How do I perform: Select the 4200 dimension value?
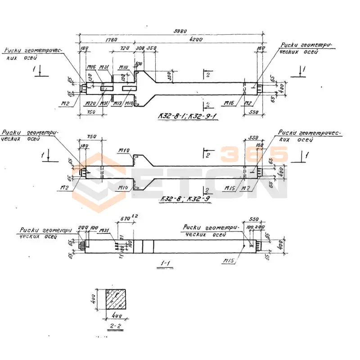pyautogui.click(x=196, y=40)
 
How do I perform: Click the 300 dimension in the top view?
pyautogui.click(x=139, y=47)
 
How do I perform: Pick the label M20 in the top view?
pyautogui.click(x=90, y=103)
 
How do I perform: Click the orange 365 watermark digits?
pyautogui.click(x=254, y=154)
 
